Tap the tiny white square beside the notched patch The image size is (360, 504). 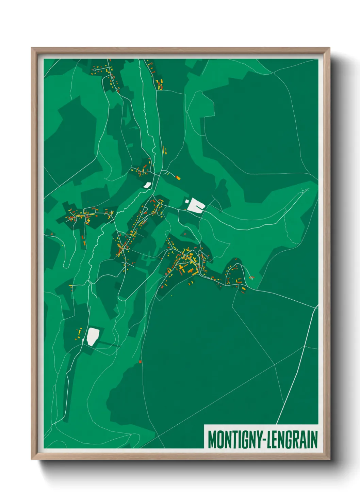187,202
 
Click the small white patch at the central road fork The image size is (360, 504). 147,185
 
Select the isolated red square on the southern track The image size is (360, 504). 140,362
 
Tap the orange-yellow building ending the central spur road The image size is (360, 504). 178,177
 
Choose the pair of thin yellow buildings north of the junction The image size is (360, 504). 165,150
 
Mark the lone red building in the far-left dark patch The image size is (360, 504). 52,234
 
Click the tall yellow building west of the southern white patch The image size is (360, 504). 81,331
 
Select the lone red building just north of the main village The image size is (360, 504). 185,234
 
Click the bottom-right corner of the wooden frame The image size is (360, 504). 330,459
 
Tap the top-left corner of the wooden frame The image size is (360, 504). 32,48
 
